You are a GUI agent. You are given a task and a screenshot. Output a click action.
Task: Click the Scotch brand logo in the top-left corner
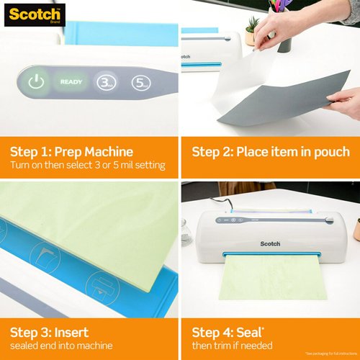[33, 13]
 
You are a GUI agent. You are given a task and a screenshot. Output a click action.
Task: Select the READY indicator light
[71, 81]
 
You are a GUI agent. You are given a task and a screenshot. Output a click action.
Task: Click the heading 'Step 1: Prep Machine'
[71, 152]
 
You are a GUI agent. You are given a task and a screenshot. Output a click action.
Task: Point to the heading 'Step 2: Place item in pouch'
[270, 152]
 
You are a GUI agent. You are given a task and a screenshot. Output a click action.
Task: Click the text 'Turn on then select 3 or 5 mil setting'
[87, 166]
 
